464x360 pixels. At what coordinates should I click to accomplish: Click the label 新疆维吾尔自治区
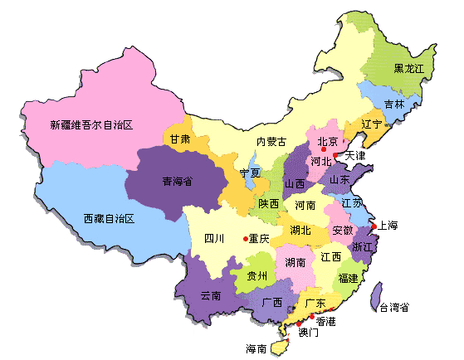91,125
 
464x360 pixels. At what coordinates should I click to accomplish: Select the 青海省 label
177,180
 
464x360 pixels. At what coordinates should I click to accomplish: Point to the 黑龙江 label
409,68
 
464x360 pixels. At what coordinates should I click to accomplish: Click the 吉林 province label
395,105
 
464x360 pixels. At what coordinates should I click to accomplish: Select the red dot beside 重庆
246,239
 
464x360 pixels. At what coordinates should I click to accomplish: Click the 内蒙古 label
271,142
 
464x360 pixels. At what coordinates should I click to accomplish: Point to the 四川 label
214,239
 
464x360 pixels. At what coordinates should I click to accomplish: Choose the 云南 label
211,295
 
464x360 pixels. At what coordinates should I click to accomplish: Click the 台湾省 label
393,308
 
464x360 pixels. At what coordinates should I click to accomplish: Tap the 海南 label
256,348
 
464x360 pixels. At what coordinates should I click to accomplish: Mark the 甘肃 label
179,139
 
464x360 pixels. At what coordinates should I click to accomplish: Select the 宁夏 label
250,173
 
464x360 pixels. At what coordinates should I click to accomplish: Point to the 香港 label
325,321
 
